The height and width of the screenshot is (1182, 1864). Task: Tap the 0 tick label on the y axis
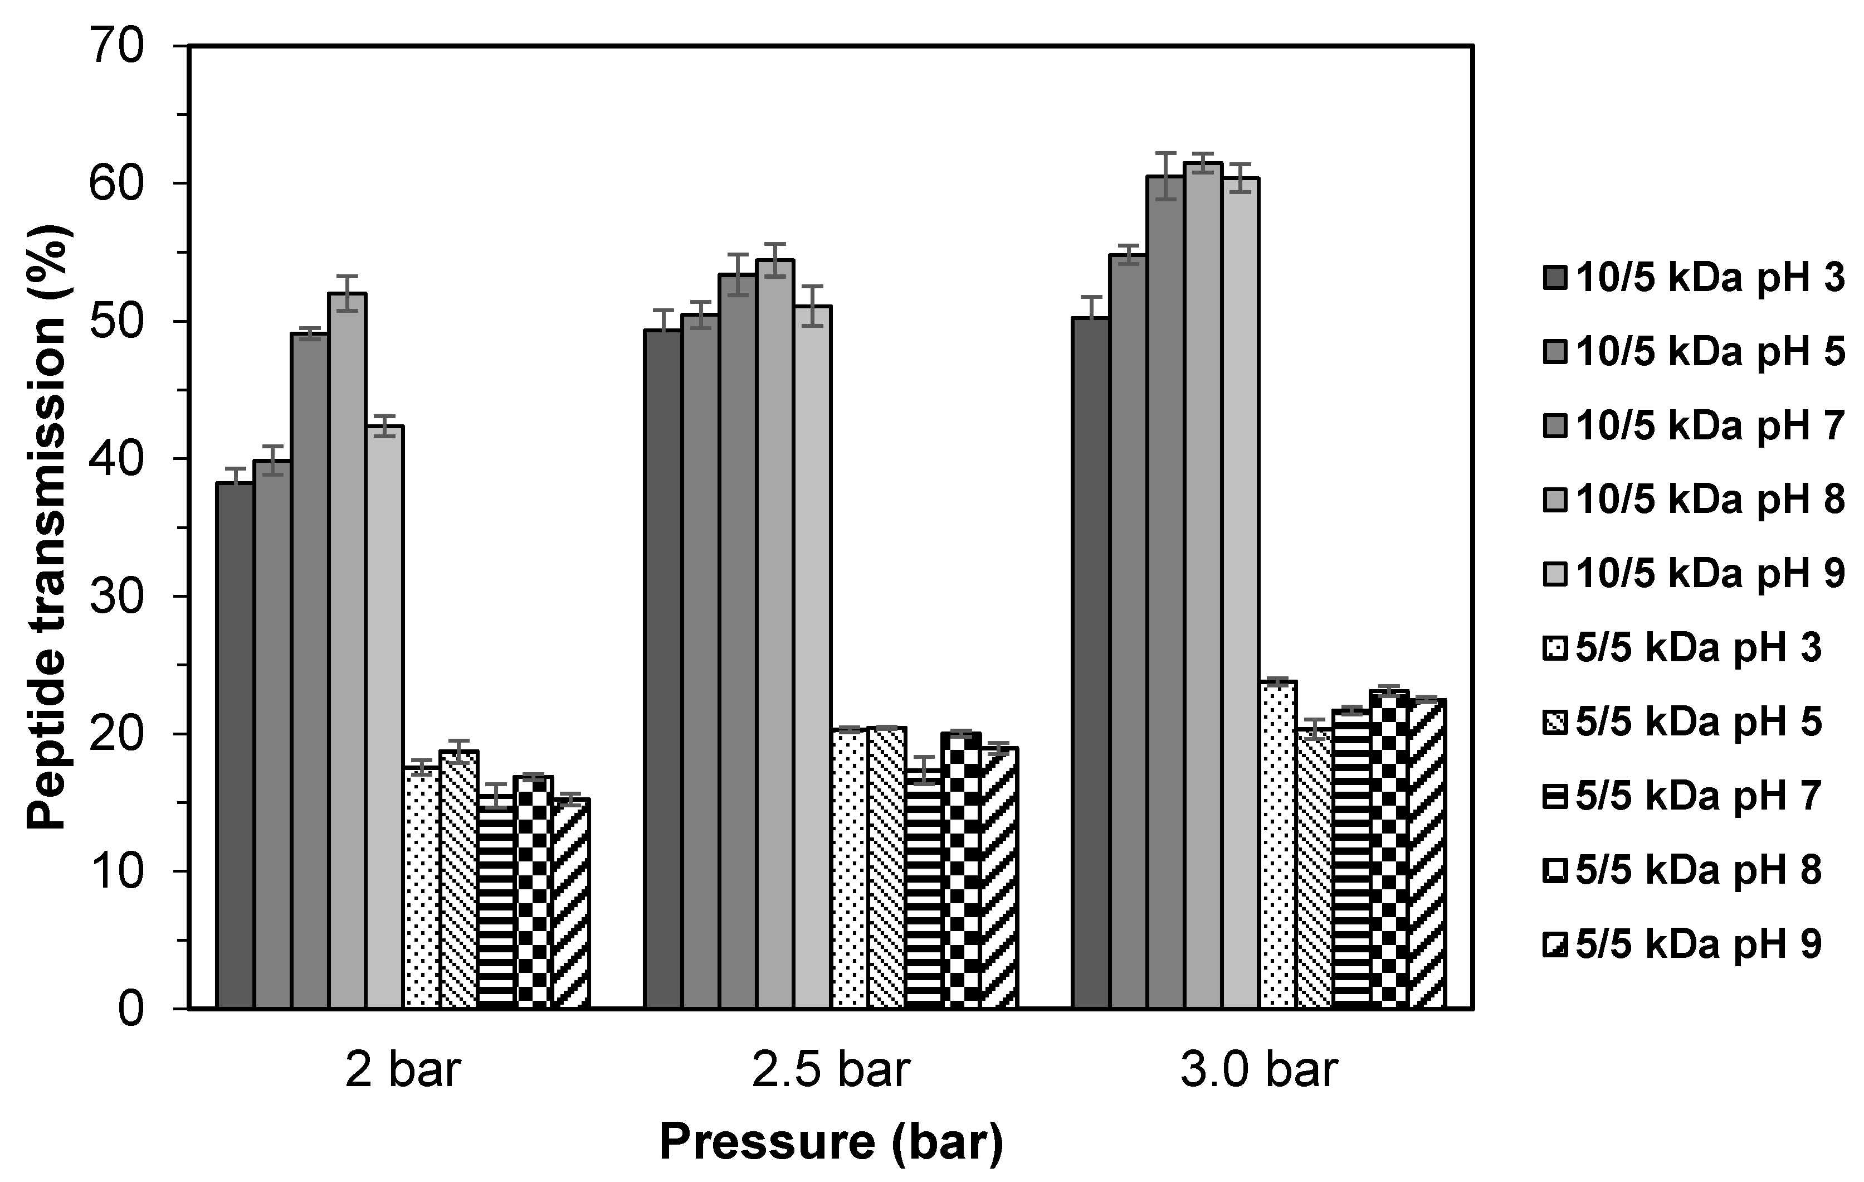[131, 1011]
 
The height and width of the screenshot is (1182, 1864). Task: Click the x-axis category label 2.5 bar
[831, 1070]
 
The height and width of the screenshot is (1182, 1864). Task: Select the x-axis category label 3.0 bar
[1260, 1070]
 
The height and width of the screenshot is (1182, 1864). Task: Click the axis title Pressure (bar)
[831, 1142]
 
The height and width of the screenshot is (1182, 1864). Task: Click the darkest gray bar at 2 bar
[235, 744]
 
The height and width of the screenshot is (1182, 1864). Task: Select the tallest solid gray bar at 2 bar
[348, 651]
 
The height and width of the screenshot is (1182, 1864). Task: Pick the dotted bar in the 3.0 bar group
[1279, 844]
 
